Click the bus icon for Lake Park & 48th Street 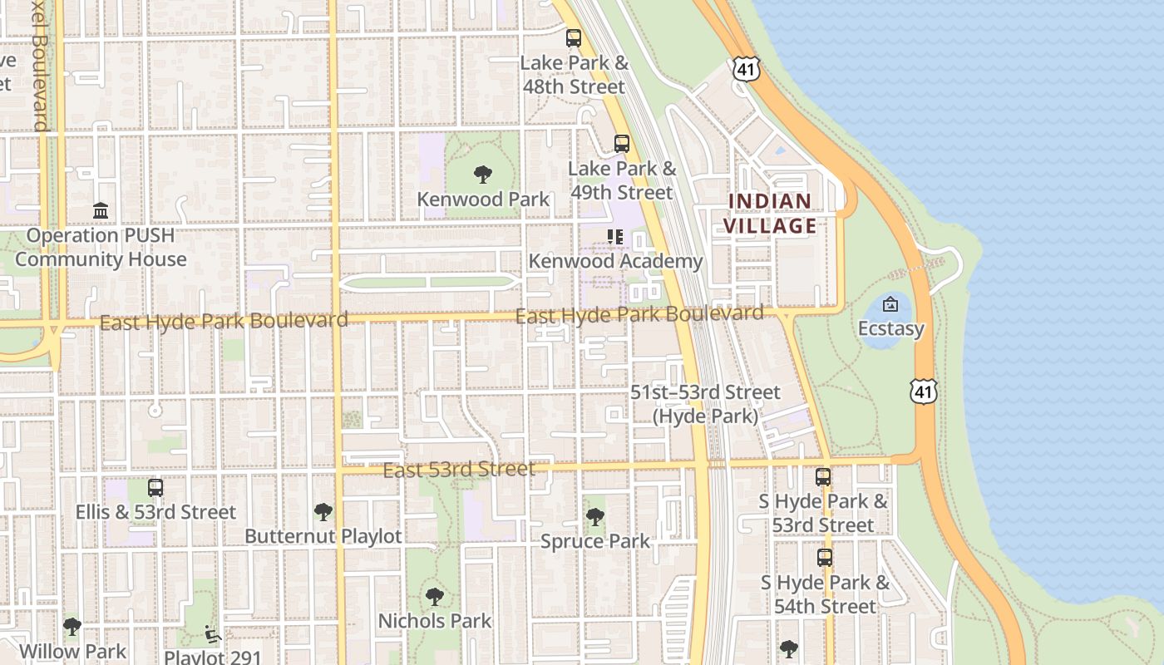point(574,37)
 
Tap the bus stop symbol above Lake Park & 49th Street point(622,143)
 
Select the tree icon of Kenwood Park point(482,175)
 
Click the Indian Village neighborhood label point(769,213)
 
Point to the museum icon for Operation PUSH point(101,210)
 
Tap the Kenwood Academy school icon point(615,237)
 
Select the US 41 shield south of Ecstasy point(924,392)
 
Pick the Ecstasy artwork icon point(890,304)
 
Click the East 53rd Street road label point(459,470)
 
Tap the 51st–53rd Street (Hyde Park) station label point(705,403)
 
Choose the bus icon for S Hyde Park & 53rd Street point(823,477)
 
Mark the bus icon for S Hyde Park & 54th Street point(824,558)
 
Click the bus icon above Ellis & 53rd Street point(155,488)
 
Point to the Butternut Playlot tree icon point(323,512)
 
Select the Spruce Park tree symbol point(594,517)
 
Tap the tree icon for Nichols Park point(434,596)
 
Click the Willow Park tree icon point(72,626)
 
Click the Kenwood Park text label point(483,199)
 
